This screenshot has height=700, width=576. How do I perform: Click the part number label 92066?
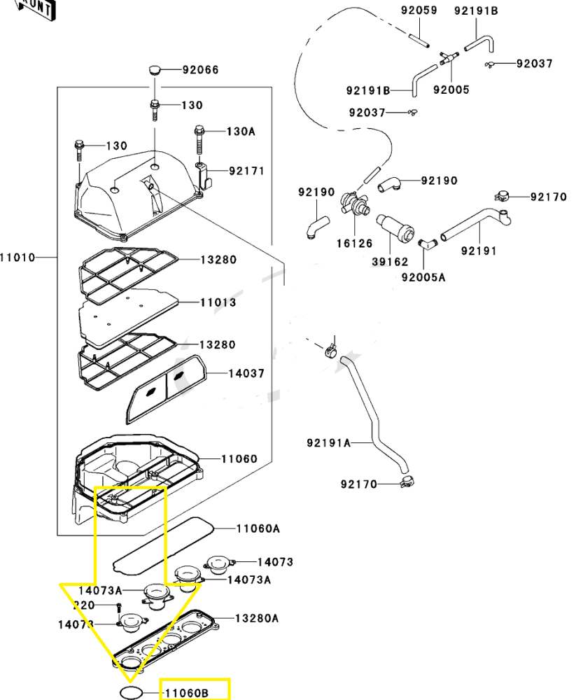[x=201, y=70]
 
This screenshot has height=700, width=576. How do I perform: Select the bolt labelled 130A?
[x=199, y=143]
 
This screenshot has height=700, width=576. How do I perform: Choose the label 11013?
[x=218, y=302]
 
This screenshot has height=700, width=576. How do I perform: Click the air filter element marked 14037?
[x=164, y=386]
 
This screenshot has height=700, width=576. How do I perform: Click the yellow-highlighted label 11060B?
[x=186, y=693]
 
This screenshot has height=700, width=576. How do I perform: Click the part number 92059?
[x=419, y=10]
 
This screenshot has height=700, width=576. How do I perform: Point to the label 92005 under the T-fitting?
[x=451, y=90]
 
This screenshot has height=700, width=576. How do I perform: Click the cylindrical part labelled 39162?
[x=395, y=225]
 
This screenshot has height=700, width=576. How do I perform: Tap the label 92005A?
[x=423, y=276]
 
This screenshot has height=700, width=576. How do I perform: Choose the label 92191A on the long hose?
[x=328, y=443]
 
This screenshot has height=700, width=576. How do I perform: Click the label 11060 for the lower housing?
[x=239, y=459]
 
